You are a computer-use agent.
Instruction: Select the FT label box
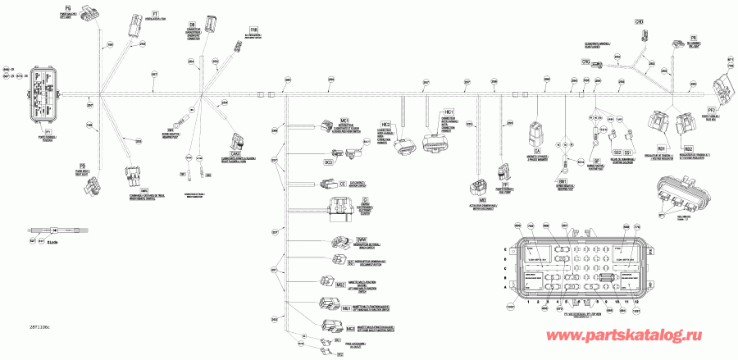[x=156, y=15]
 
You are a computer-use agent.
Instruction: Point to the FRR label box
[x=242, y=30]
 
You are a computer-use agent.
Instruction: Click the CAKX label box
[x=235, y=153]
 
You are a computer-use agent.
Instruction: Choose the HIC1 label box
[x=449, y=111]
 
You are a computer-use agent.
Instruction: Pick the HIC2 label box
[x=407, y=123]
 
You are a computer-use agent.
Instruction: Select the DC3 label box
[x=329, y=162]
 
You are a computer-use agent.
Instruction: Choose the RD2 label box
[x=690, y=149]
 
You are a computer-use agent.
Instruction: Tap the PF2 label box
[x=713, y=109]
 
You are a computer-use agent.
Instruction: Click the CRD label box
[x=640, y=21]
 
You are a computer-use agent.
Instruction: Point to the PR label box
[x=693, y=38]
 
